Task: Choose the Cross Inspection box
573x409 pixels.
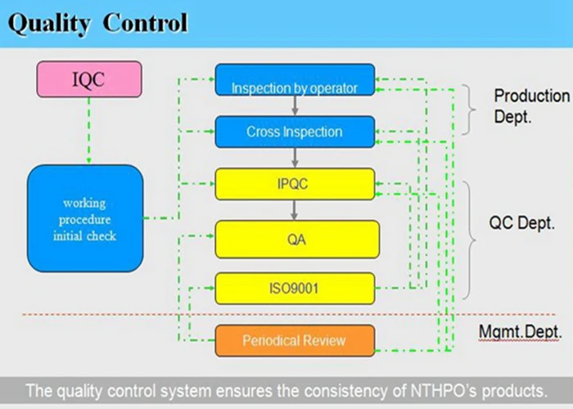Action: point(295,132)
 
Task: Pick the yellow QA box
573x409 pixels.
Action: point(296,239)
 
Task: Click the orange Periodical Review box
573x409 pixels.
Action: point(295,340)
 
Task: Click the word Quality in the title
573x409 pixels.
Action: point(49,23)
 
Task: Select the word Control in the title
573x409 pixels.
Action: point(145,23)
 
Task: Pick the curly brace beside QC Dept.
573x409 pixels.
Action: point(470,240)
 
